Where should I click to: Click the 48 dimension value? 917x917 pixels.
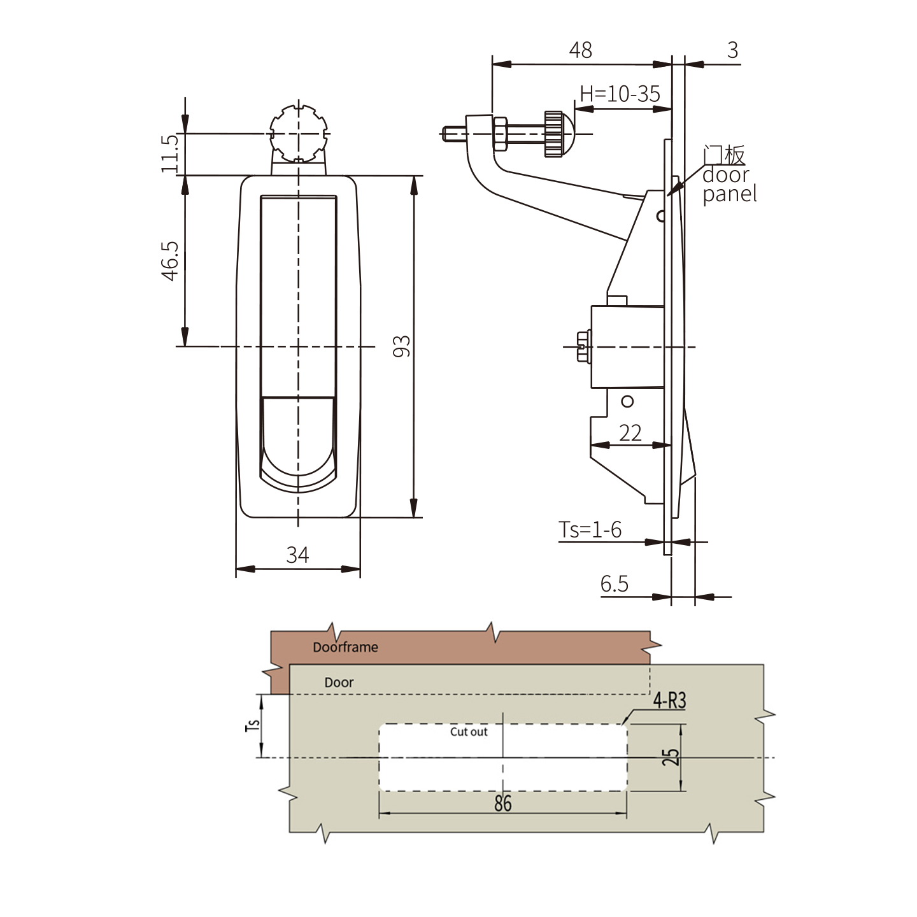580,50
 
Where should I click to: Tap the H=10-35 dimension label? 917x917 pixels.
620,94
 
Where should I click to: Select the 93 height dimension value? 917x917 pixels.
402,346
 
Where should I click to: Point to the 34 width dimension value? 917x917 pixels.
297,555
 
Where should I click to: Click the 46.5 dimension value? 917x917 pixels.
170,261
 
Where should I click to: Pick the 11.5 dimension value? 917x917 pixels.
169,153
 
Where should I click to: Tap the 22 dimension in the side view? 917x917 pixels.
630,432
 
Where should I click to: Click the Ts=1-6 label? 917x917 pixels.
590,530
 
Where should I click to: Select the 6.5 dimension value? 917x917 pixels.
615,584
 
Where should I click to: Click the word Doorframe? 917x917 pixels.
346,647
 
